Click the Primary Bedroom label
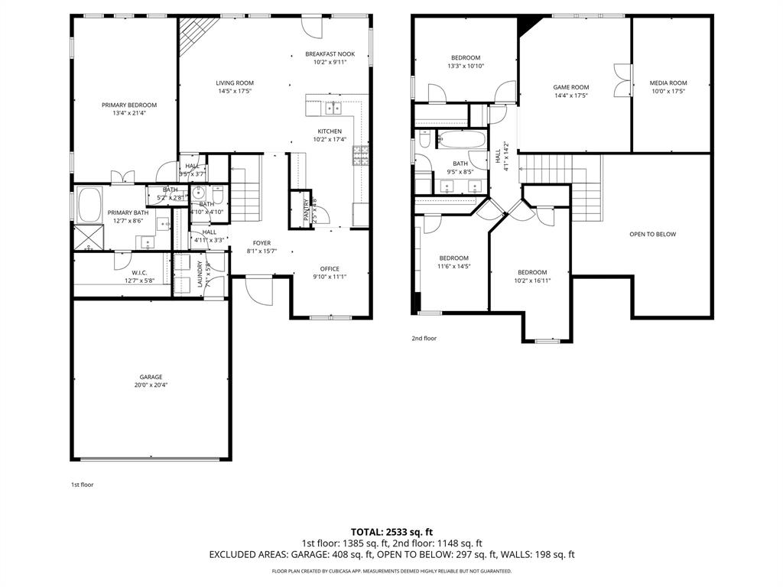(129, 105)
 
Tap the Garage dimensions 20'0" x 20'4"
(151, 384)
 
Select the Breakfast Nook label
(330, 54)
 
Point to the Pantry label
(307, 209)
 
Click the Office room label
(330, 268)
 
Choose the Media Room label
(668, 83)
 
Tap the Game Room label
(571, 87)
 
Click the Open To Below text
(652, 234)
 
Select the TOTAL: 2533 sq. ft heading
(391, 531)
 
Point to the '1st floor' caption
(82, 484)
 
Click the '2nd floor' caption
(424, 338)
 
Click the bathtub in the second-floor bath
(461, 140)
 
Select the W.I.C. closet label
(139, 272)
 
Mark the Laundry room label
(200, 273)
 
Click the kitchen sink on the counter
(333, 107)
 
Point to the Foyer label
(262, 243)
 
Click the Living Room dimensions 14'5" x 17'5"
(235, 91)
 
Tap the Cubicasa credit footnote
(391, 571)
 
